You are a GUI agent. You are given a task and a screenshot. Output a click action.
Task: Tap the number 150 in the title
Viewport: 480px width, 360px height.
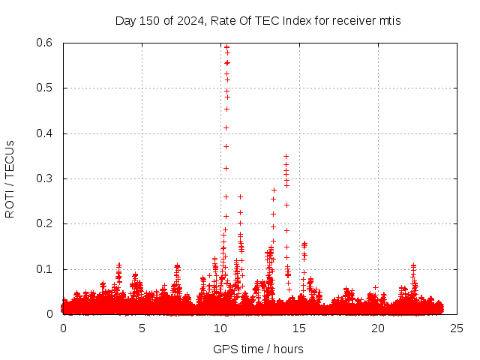pos(147,20)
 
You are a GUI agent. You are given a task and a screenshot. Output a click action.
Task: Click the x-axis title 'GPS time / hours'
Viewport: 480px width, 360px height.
pos(258,349)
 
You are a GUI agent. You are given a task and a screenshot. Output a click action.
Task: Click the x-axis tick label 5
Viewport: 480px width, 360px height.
pos(142,328)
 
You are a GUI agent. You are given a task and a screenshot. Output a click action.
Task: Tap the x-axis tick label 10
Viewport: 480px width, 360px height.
pos(220,328)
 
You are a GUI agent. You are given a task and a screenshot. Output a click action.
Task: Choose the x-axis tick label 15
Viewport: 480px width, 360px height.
pos(299,328)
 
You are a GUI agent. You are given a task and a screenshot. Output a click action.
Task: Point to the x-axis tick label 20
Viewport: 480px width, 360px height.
pos(378,328)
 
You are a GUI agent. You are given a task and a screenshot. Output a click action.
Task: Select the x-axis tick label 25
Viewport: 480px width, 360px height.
pos(457,328)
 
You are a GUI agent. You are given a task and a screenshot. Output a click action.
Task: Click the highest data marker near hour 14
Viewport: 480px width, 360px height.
pos(286,156)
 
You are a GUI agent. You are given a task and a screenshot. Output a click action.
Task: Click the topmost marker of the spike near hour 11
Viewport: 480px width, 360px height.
pos(240,196)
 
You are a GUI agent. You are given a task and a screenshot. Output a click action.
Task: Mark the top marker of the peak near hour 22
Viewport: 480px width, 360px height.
pos(413,265)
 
